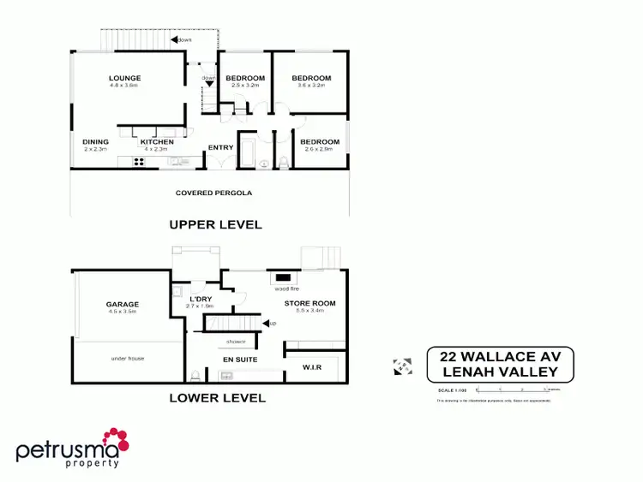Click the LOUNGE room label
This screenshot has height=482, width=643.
click(124, 78)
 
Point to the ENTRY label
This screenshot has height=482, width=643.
click(220, 147)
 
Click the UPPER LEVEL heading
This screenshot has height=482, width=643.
click(215, 224)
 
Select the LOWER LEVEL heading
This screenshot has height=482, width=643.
click(217, 397)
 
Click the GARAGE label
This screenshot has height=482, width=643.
click(123, 304)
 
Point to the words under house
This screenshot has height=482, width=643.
click(126, 359)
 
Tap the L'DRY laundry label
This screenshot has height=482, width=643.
click(200, 299)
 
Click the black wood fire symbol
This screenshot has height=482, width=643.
click(281, 278)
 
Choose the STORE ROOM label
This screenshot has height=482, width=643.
click(310, 303)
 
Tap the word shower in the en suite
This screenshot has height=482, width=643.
click(237, 342)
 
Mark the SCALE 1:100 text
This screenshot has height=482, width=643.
click(452, 390)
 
